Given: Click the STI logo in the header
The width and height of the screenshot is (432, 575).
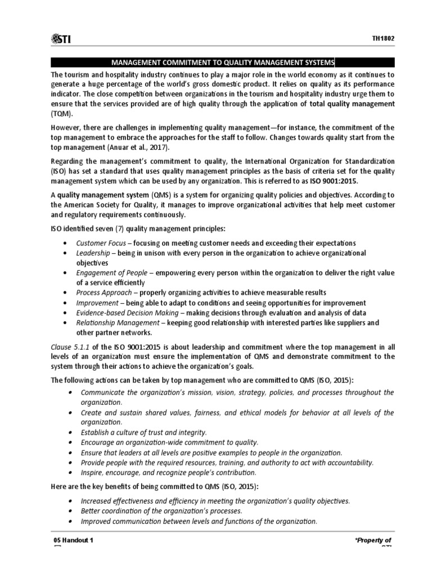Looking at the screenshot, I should tap(63, 38).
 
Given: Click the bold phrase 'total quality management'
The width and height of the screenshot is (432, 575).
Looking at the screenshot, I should tap(349, 104).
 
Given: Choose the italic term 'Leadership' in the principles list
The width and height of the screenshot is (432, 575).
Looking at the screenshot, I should tap(93, 253).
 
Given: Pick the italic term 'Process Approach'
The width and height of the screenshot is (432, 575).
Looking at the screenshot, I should tap(100, 293).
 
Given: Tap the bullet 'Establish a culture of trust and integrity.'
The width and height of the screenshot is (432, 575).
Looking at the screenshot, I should tap(144, 432).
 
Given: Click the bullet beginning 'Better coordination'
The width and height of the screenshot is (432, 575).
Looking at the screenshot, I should tap(161, 510).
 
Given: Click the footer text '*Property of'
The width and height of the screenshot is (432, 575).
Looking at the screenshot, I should tap(372, 540).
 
